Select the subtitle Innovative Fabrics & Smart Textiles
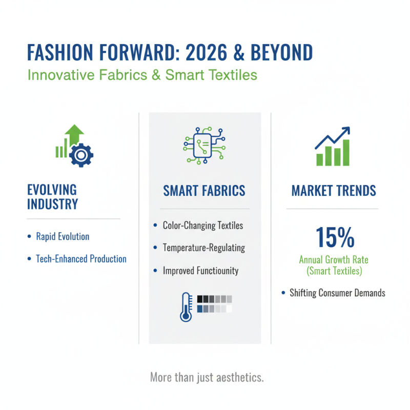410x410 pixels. (142, 75)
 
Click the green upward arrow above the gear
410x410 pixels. (75, 134)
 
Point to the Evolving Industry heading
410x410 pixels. (52, 197)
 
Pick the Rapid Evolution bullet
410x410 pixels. (63, 237)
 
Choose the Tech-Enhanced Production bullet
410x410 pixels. (81, 259)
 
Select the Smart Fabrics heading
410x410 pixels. (204, 191)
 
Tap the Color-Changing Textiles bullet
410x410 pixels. (202, 225)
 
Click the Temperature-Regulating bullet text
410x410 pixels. (203, 248)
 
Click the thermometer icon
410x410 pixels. (186, 306)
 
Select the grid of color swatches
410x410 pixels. (214, 303)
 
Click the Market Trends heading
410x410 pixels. (334, 191)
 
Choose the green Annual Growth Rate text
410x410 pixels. (334, 260)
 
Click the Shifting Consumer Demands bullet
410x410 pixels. (337, 293)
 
